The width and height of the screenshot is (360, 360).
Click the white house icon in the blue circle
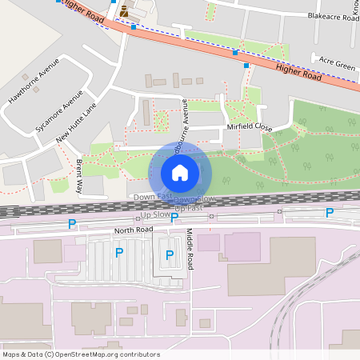[180, 172]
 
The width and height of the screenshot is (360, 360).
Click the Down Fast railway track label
[152, 197]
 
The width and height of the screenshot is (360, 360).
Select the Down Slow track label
[194, 198]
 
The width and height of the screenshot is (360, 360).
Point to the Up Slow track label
[154, 214]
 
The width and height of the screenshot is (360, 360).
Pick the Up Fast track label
[189, 208]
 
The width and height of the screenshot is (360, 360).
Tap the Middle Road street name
[190, 250]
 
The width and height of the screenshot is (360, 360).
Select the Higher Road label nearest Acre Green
[298, 71]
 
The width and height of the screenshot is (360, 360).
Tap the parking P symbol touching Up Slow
[174, 217]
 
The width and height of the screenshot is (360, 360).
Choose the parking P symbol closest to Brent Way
[72, 224]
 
